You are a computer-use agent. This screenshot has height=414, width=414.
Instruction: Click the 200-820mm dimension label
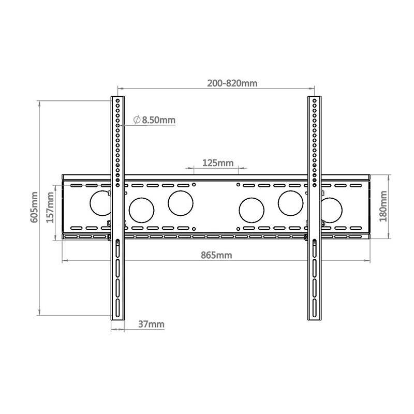(232, 83)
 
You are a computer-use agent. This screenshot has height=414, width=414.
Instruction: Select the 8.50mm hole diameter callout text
(159, 120)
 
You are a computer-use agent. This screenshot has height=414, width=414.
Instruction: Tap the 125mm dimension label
(217, 163)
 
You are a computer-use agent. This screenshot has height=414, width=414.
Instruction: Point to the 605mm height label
(34, 207)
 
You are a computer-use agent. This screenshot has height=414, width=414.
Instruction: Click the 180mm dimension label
(383, 206)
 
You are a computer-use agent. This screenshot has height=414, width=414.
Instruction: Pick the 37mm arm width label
(151, 324)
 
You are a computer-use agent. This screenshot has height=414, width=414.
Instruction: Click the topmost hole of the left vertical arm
(118, 100)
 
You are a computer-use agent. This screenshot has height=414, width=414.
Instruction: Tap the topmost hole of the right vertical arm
(314, 100)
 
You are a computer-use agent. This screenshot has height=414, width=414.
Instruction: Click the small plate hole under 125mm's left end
(194, 184)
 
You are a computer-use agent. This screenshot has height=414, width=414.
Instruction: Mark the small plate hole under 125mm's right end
(238, 184)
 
